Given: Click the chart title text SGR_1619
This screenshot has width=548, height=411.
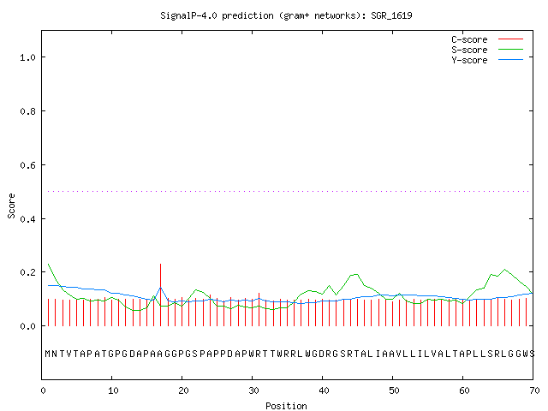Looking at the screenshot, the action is (391, 16).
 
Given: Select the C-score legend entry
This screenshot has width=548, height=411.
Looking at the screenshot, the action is (487, 39).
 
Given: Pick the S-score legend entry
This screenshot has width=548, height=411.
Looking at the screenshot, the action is (487, 50).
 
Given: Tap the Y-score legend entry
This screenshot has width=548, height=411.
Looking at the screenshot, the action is (487, 60).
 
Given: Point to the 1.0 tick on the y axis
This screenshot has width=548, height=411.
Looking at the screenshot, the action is (28, 57).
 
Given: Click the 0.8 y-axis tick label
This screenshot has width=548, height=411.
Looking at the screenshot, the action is (28, 111).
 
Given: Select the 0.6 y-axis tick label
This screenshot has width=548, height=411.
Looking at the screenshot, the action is (28, 165).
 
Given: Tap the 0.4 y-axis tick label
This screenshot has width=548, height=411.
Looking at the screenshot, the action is (28, 219).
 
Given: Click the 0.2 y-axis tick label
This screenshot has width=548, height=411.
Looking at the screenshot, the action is (28, 272).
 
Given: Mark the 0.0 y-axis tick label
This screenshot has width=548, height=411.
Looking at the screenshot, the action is (28, 326).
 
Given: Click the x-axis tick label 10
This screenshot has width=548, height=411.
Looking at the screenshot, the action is (113, 390).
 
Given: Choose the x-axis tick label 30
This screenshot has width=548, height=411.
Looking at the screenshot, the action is (253, 390).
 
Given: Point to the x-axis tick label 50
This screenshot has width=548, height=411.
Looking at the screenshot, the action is (394, 390).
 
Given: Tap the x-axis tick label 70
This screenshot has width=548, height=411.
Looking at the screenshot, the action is (534, 390).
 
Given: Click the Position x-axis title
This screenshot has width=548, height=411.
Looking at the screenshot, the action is (286, 406).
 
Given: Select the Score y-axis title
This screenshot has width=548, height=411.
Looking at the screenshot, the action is (11, 205).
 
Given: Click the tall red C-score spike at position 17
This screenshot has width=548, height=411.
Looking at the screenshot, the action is (160, 295).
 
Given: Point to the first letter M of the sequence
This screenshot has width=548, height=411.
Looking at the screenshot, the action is (48, 354).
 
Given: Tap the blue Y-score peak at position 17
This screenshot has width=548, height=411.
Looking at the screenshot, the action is (160, 288).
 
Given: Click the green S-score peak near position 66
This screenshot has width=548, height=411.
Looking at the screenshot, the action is (504, 270).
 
